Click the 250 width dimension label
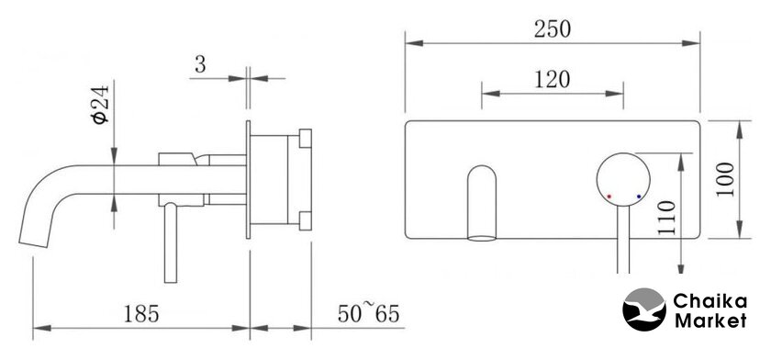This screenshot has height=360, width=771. point(553,29)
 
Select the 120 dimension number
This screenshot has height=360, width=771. point(553,79)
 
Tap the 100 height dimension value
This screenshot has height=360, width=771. point(725,179)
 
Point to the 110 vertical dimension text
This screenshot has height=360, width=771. point(666,218)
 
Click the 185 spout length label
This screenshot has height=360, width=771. point(141,314)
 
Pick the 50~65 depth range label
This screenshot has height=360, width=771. point(368,313)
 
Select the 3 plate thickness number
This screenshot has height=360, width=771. point(200,64)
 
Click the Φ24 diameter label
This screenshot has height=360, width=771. point(101,105)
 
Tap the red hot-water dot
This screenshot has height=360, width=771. point(609,197)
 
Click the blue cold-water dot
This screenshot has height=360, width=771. point(639,197)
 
